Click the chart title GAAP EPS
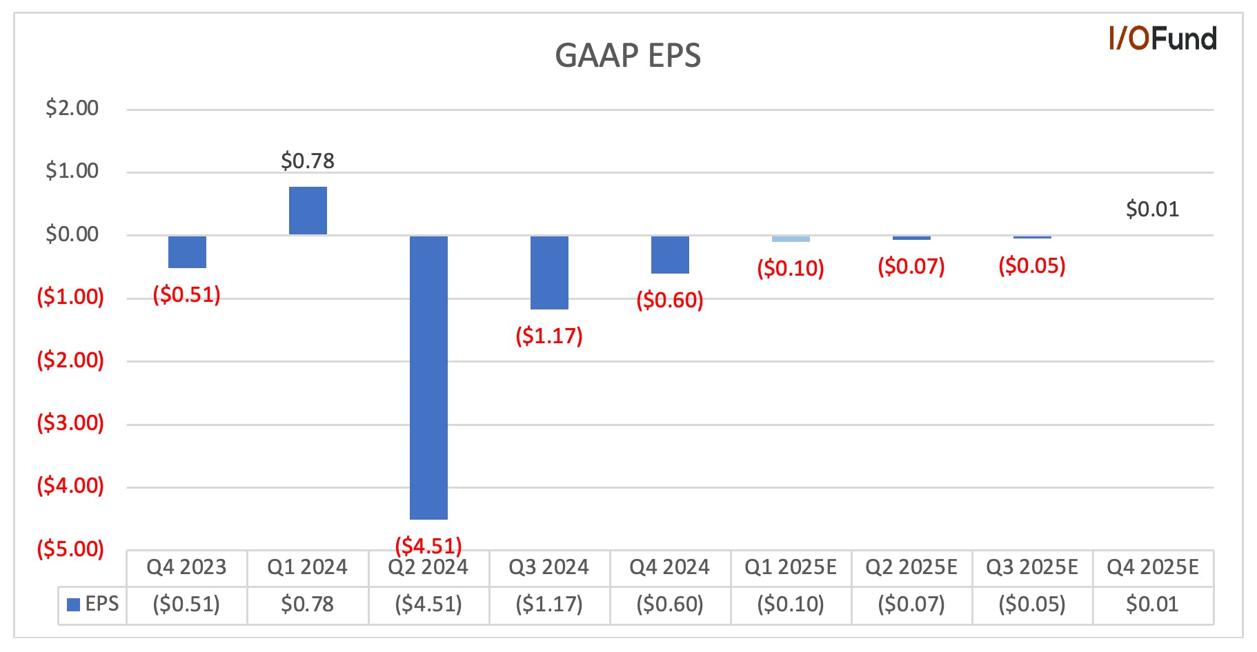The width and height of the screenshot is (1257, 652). click(x=628, y=56)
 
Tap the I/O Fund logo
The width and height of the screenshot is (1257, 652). click(x=1162, y=39)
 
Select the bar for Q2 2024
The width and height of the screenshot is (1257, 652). click(x=428, y=378)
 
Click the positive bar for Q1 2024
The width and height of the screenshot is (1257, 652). click(x=308, y=211)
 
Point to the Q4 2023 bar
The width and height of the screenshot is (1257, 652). click(x=187, y=252)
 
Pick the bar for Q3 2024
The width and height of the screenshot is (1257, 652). click(x=549, y=273)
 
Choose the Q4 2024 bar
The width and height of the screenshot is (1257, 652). click(x=670, y=255)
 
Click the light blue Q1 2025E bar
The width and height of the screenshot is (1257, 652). click(x=791, y=239)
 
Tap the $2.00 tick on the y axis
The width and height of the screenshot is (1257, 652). click(x=72, y=108)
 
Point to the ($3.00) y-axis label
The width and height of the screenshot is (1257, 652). click(x=70, y=422)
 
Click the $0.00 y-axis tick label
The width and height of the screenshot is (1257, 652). click(x=72, y=234)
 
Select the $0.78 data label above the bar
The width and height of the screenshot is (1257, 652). click(x=308, y=161)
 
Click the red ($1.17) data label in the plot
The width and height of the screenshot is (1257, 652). click(x=549, y=336)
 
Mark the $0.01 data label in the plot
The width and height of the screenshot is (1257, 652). click(x=1153, y=209)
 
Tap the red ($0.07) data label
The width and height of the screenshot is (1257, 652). click(x=911, y=266)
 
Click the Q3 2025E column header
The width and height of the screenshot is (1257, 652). click(x=1032, y=567)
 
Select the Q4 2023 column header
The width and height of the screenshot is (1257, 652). click(x=186, y=567)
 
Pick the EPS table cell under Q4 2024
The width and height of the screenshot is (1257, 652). click(x=670, y=604)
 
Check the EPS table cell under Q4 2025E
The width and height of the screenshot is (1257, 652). click(x=1152, y=604)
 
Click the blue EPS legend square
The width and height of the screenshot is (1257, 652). click(x=73, y=605)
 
